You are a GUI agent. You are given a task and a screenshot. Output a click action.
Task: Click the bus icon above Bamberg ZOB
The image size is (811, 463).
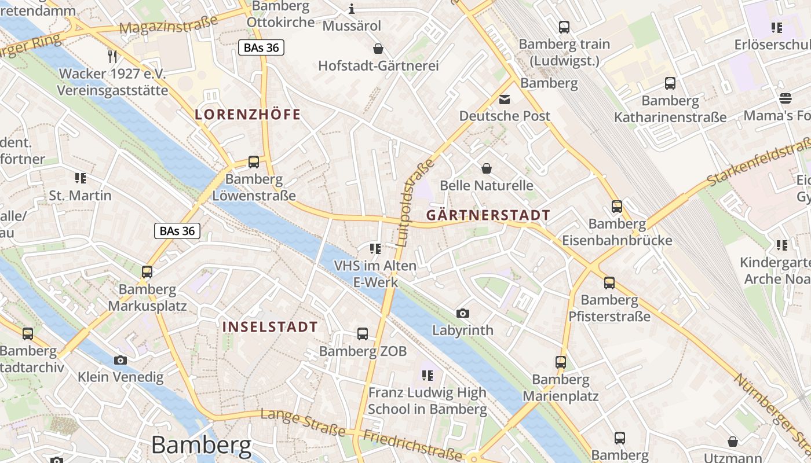click(x=363, y=333)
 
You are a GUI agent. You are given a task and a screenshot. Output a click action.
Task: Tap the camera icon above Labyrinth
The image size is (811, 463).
click(x=462, y=313)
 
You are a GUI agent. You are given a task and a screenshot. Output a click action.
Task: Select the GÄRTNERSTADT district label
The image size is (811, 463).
click(x=488, y=215)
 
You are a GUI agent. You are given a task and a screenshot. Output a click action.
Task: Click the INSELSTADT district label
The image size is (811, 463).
click(x=270, y=326)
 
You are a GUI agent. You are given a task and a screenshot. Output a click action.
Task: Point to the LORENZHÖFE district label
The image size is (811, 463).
click(x=248, y=115)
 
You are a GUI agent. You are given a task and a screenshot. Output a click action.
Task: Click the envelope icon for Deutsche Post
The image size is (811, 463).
click(x=505, y=99)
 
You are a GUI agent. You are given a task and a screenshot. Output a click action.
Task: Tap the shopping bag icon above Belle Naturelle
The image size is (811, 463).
click(x=487, y=168)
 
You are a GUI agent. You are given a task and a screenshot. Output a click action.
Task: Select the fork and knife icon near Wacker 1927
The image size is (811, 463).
click(x=112, y=56)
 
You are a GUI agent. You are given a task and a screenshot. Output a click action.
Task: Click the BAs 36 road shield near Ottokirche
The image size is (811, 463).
click(x=261, y=47)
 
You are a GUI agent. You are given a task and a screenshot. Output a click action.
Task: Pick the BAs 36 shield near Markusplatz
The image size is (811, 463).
click(x=177, y=231)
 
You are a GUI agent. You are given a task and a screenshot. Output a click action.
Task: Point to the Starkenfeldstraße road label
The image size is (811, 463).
click(x=759, y=162)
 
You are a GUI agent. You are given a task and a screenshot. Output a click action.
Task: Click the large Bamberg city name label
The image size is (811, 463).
click(x=202, y=445)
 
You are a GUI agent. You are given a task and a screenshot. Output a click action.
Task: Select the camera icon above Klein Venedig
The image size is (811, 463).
click(x=120, y=360)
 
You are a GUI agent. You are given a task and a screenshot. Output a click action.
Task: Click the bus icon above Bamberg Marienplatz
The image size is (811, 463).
click(x=560, y=362)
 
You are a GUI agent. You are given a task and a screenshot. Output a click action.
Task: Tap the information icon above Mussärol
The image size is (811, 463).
click(x=351, y=9)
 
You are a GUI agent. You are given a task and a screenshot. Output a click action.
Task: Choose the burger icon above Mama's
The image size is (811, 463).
click(x=786, y=98)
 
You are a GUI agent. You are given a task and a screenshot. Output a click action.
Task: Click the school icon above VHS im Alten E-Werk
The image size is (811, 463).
click(x=375, y=249)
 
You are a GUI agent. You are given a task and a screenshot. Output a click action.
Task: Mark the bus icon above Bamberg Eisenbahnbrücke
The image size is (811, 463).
click(x=617, y=206)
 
